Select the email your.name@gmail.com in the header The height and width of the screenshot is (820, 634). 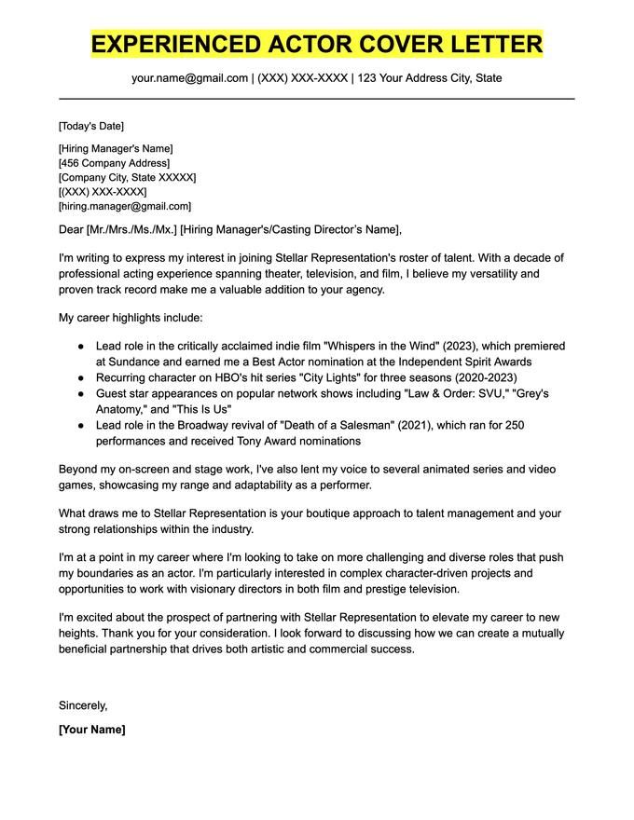[189, 78]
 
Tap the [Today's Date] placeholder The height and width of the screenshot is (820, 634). [90, 126]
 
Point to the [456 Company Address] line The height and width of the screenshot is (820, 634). [115, 163]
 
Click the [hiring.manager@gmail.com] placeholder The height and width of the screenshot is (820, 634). [124, 206]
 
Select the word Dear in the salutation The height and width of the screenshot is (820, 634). [71, 229]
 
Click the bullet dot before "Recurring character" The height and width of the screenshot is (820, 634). [81, 377]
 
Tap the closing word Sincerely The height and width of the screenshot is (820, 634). [83, 705]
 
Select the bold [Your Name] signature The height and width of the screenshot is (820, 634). [91, 730]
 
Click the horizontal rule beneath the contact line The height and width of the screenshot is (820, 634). [317, 99]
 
